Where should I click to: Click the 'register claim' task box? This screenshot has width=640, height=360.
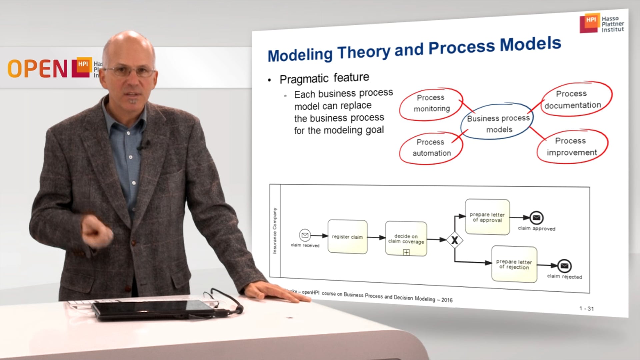pos(347,237)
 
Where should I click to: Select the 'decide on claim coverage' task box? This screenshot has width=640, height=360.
pos(406,239)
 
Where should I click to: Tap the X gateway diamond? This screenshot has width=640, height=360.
pos(455,240)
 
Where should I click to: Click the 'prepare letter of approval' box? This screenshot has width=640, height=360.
pos(487,217)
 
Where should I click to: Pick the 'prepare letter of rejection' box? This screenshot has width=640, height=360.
pos(514,264)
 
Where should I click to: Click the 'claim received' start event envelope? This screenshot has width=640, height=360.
pos(305,235)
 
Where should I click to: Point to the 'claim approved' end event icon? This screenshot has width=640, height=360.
pos(536,218)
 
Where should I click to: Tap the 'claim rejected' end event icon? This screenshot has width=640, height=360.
pos(564,266)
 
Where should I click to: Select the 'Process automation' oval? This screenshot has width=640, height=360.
pos(431,148)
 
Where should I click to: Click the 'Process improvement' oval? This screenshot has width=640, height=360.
pos(571,147)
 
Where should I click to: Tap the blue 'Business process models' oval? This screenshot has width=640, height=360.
pos(498,123)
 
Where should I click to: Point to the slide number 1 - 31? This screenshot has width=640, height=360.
pos(586,309)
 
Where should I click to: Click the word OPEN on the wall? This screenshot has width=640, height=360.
pos(37,69)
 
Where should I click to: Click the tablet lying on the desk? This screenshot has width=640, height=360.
pos(153,309)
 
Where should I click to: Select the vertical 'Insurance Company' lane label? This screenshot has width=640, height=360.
pos(275,231)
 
